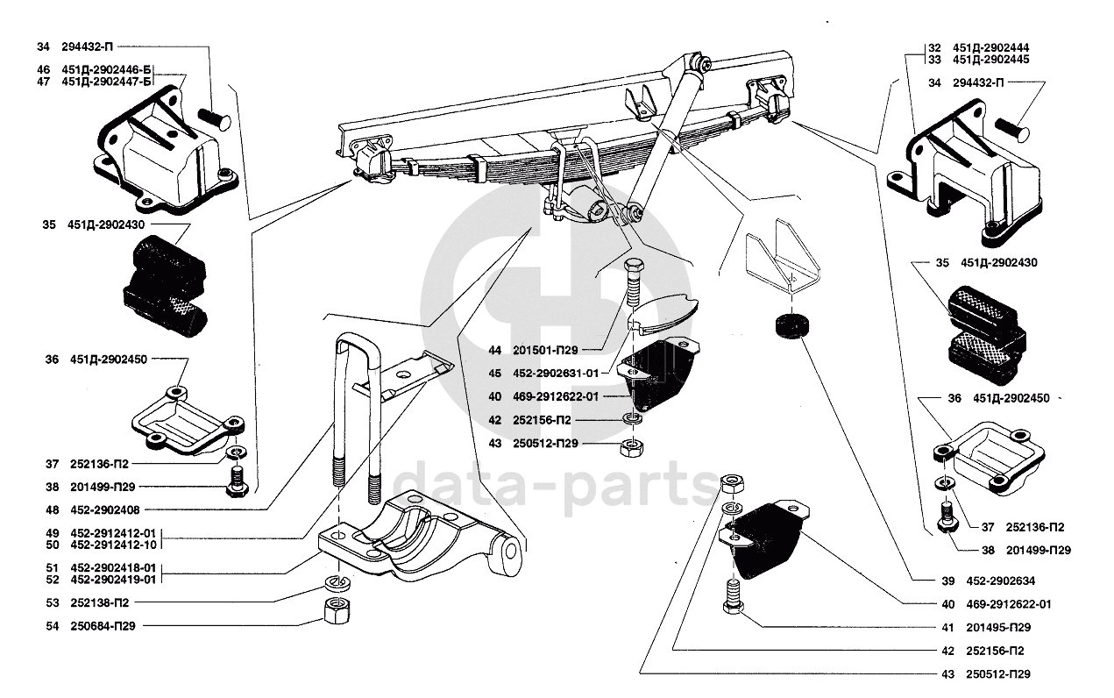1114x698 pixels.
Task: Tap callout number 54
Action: coord(53,626)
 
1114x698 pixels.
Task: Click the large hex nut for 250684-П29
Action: coord(332,610)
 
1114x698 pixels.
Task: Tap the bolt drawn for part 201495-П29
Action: coord(733,600)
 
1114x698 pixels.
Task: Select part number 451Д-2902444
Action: coord(990,47)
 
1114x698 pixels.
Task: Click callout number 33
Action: coord(935,60)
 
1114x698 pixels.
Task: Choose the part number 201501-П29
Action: coord(557,350)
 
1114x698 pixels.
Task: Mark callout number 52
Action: coord(53,580)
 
